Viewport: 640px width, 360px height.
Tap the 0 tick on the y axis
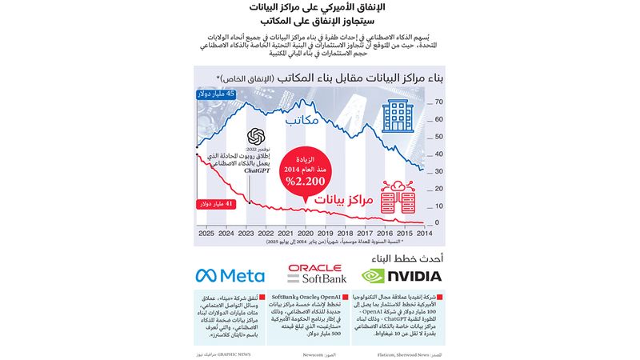tap(437, 222)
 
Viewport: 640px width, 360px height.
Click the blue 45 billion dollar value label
tap(215, 94)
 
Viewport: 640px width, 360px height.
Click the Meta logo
tap(230, 276)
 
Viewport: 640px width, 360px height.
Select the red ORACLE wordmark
tap(315, 269)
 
